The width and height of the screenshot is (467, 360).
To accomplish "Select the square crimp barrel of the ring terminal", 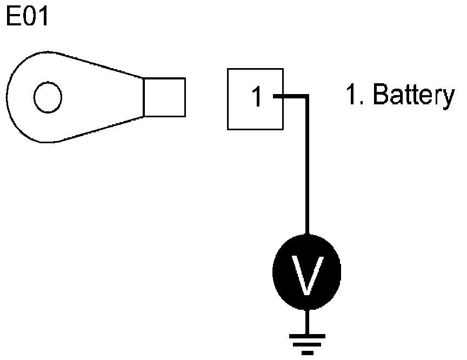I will tap(164, 97).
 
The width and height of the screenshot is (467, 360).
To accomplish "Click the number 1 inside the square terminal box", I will tap(257, 98).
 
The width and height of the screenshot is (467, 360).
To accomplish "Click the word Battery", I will tap(414, 97).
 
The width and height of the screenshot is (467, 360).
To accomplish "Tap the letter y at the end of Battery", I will tap(448, 99).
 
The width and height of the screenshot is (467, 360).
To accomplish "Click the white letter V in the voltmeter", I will tap(306, 275).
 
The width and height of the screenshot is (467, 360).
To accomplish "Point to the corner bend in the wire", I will tap(307, 97).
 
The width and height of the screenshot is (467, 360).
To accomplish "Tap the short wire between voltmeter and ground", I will tap(307, 322).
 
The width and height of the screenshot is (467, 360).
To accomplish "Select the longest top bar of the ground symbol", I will tap(307, 336).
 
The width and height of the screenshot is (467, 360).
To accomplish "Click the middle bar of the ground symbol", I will tap(307, 345).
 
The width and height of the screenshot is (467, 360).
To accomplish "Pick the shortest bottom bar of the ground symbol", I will tap(307, 353).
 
